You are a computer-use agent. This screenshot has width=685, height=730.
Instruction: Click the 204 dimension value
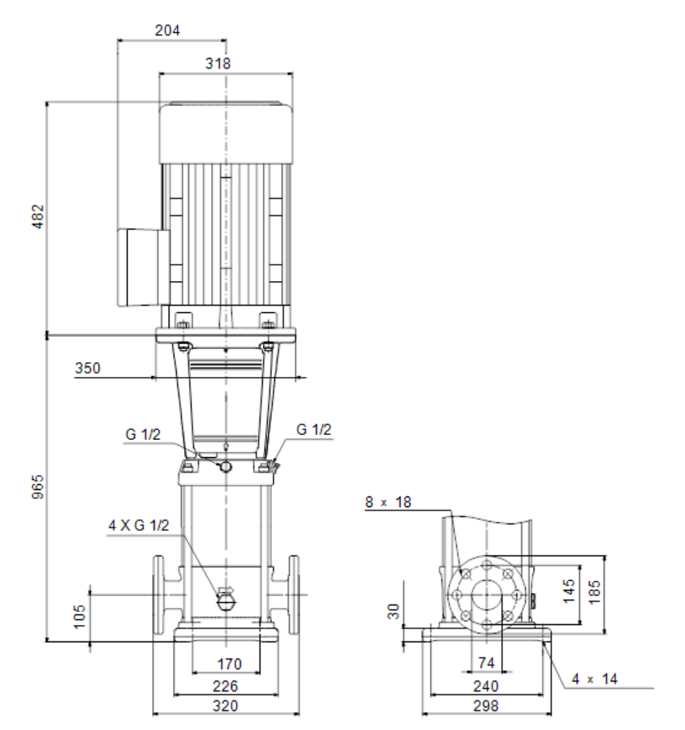(167, 30)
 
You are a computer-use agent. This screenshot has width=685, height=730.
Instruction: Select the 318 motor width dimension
(218, 63)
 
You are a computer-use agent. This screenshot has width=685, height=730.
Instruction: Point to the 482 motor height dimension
(38, 216)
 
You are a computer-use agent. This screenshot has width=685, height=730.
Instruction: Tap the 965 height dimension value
(38, 487)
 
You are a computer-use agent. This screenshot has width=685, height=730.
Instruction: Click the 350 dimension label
(88, 368)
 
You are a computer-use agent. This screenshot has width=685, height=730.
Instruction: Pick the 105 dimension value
(79, 616)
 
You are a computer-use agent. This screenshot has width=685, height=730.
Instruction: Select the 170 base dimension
(229, 664)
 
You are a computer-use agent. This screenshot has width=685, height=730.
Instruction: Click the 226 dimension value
(225, 686)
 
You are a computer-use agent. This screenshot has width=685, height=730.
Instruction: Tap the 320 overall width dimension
(225, 705)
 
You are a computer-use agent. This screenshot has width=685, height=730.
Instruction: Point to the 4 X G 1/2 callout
(138, 525)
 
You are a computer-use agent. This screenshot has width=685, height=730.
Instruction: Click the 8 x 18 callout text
(388, 502)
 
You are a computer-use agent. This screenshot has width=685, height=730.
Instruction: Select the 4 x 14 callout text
(595, 678)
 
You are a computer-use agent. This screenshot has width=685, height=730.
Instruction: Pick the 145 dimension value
(569, 592)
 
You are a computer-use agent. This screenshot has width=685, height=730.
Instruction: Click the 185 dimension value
(595, 592)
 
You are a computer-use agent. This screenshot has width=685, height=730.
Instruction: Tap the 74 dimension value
(486, 663)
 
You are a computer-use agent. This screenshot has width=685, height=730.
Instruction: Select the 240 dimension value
(486, 686)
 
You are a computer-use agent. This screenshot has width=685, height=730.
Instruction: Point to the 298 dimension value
(486, 705)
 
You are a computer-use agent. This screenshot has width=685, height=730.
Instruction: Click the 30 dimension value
(394, 611)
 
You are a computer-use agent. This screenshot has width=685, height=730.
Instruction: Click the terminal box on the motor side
(143, 267)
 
